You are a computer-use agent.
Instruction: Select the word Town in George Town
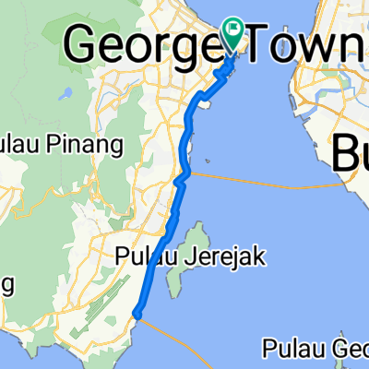[308, 42]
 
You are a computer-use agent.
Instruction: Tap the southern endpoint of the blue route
[137, 314]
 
